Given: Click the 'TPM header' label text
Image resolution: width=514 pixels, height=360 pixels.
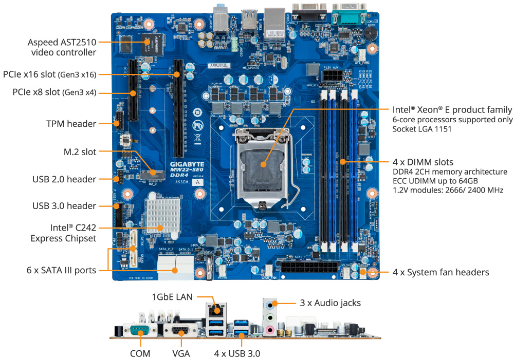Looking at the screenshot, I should click(71, 124).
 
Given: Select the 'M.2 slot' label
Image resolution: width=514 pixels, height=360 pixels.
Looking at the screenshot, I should click(80, 151).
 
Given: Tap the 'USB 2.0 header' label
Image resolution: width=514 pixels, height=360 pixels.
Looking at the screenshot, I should click(64, 179).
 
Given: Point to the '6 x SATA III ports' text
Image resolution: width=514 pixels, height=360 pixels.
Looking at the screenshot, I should click(62, 270).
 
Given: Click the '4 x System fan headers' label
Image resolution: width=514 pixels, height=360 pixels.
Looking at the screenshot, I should click(440, 272).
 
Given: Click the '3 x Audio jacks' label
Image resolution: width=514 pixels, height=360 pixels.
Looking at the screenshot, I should click(330, 303).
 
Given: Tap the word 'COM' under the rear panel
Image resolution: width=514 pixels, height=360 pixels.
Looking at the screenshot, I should click(140, 353).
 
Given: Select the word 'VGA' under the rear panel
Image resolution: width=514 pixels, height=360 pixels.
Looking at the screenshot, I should click(181, 353).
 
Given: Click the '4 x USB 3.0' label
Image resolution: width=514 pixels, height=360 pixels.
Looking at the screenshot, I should click(237, 353).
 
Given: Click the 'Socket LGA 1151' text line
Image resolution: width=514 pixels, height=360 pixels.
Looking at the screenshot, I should click(422, 129).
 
